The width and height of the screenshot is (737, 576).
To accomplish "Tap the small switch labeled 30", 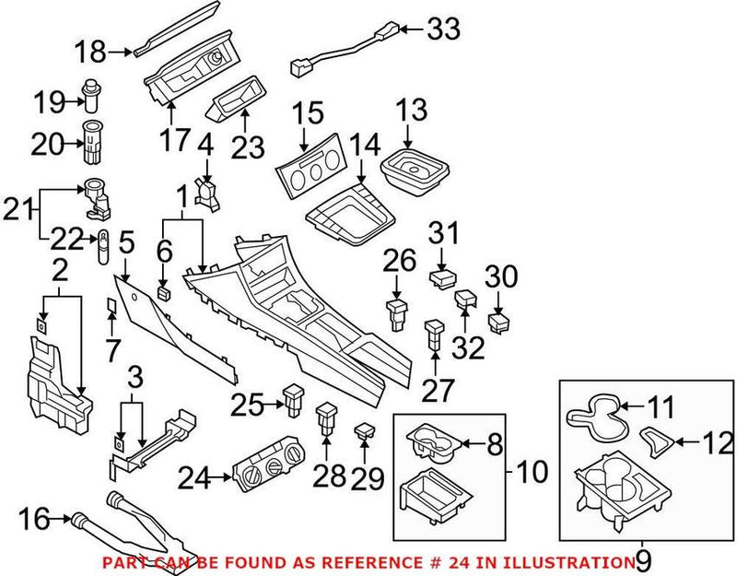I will [500, 323].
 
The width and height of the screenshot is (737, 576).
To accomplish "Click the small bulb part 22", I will [105, 247].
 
